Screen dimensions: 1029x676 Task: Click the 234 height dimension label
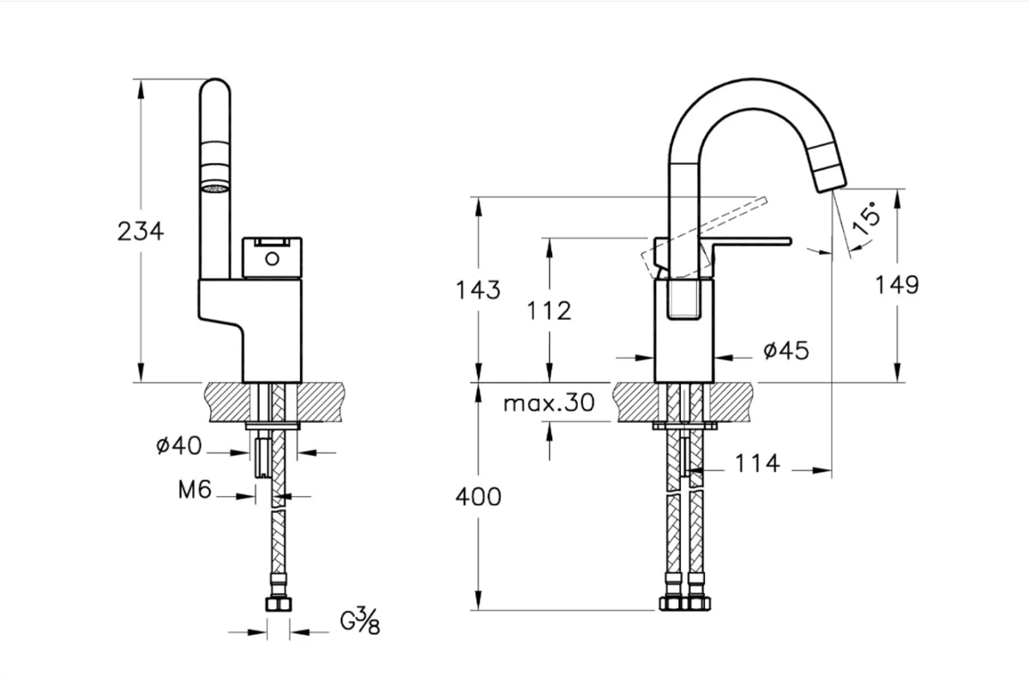point(141,231)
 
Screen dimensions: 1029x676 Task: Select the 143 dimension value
point(478,290)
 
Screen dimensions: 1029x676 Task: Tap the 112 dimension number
point(549,311)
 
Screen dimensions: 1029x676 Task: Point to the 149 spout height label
point(897,285)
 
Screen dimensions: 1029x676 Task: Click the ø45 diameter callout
point(786,351)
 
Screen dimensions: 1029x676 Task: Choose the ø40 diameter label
point(178,445)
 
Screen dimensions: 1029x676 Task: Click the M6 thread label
point(195,490)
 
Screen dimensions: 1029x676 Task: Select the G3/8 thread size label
point(360,621)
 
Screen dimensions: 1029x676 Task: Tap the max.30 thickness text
point(549,402)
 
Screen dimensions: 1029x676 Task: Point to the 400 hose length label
point(478,497)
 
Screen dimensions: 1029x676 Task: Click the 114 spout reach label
point(757,463)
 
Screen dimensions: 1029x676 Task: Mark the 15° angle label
point(866,220)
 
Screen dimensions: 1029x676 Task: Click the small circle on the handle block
point(272,259)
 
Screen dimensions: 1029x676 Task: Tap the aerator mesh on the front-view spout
point(215,189)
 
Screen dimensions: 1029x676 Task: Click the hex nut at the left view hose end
point(279,604)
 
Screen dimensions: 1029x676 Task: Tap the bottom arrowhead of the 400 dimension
point(478,601)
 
